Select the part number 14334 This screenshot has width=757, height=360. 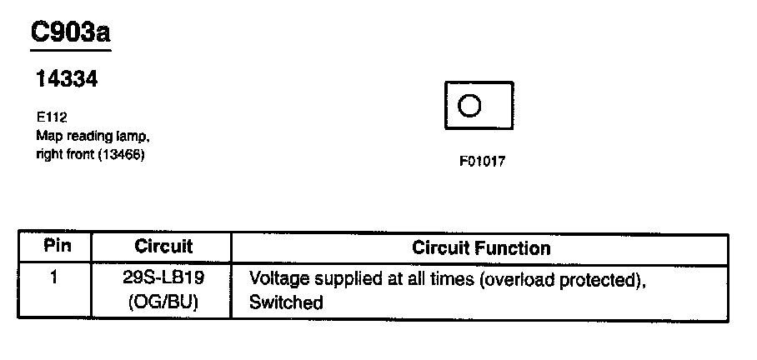(x=67, y=80)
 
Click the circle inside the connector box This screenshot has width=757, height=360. (x=469, y=106)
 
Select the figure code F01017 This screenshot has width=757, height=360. (x=481, y=162)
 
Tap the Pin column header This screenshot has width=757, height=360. (x=58, y=247)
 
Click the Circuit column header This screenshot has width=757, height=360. (x=163, y=247)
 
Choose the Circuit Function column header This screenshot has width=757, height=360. (x=481, y=247)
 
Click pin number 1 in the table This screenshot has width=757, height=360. (x=53, y=277)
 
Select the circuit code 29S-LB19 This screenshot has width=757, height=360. (x=163, y=279)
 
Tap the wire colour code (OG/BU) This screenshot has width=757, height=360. (x=163, y=302)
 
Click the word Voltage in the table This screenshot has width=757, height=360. (x=277, y=279)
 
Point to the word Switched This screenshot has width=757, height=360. (x=285, y=302)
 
